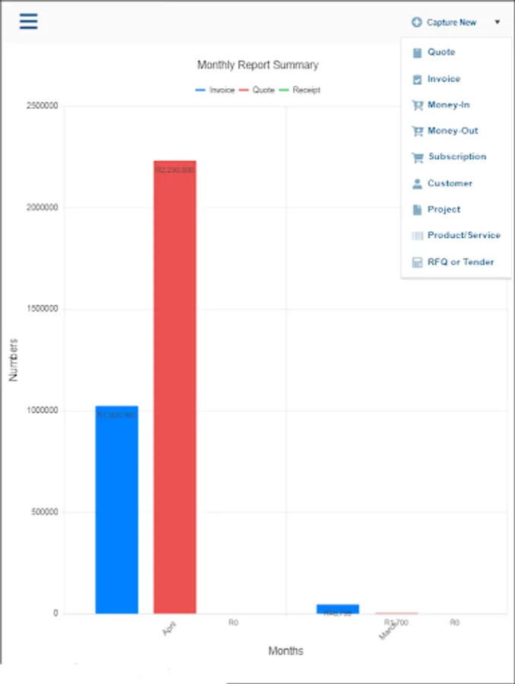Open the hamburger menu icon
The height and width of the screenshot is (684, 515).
[x=28, y=21]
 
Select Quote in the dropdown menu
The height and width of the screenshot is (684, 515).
[x=440, y=52]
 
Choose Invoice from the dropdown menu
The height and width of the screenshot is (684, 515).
[x=443, y=79]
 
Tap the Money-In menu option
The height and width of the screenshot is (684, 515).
[x=448, y=105]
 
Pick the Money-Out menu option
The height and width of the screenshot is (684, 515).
[x=452, y=131]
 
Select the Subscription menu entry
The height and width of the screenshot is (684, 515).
[x=456, y=157]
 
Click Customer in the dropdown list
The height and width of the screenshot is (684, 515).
[x=449, y=183]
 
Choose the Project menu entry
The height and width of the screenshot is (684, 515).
[x=443, y=209]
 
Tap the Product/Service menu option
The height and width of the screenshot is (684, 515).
[x=463, y=236]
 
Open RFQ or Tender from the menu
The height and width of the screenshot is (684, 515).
[x=459, y=262]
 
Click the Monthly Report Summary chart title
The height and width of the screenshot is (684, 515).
[x=258, y=65]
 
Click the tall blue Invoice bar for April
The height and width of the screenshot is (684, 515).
[x=116, y=509]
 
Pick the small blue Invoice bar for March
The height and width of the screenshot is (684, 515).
[x=338, y=609]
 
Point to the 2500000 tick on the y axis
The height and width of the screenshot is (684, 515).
[x=42, y=106]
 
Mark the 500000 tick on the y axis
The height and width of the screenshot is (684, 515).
[x=44, y=512]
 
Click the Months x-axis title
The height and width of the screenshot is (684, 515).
[x=285, y=651]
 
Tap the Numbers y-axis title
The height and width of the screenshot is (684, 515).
[x=13, y=359]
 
